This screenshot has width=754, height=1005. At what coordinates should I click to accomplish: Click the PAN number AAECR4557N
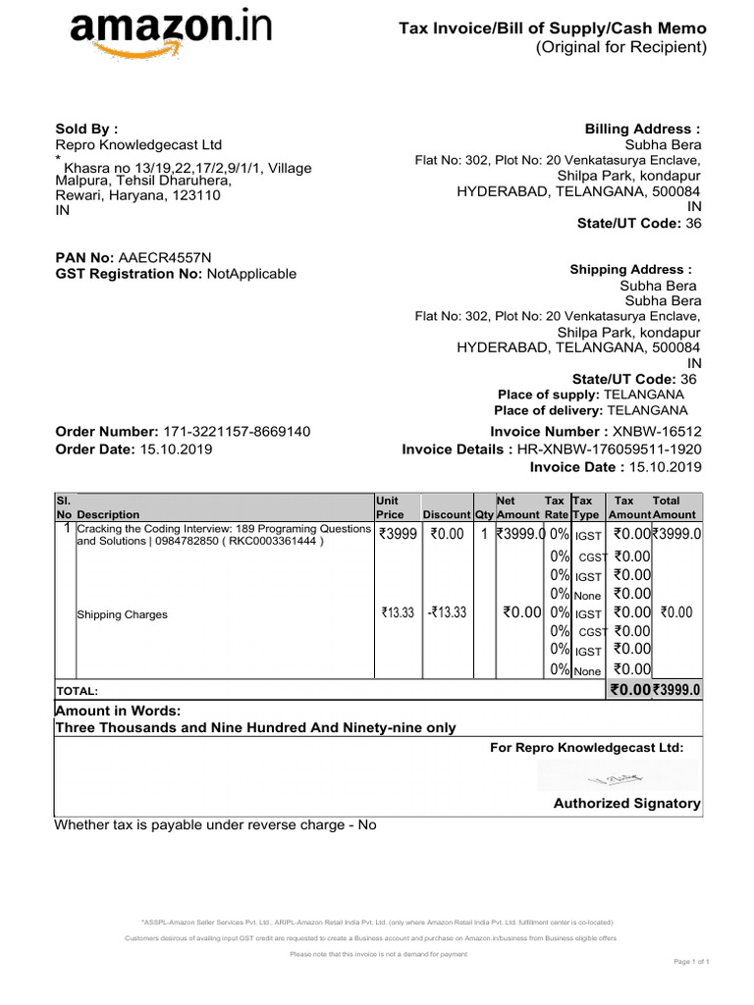(164, 257)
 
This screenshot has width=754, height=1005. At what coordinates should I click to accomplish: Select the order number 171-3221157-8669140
(237, 432)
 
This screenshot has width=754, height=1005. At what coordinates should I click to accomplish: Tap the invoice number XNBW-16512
(658, 432)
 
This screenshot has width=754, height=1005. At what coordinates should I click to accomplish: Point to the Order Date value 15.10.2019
(176, 450)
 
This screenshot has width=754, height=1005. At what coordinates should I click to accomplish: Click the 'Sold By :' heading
(86, 128)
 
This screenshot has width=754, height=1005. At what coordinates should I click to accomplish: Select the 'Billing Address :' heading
(643, 129)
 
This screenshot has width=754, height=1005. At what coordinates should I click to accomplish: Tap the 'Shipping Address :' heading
(630, 270)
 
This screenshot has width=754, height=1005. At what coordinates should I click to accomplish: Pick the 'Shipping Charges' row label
(123, 614)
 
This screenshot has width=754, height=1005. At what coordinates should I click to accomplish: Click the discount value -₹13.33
(446, 612)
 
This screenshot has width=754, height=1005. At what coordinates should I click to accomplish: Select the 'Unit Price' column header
(390, 506)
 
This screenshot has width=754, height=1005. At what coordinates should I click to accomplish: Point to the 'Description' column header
(108, 514)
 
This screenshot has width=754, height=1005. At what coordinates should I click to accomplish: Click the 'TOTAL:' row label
(78, 692)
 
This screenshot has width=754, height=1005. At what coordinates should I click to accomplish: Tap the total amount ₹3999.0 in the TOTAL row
(677, 690)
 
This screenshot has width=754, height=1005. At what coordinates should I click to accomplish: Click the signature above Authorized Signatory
(616, 778)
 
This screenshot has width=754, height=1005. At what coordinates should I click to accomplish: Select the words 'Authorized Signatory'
(627, 804)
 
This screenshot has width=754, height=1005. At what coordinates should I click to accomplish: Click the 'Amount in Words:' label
(119, 711)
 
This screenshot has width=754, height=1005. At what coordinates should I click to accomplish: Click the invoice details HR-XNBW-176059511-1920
(610, 450)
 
